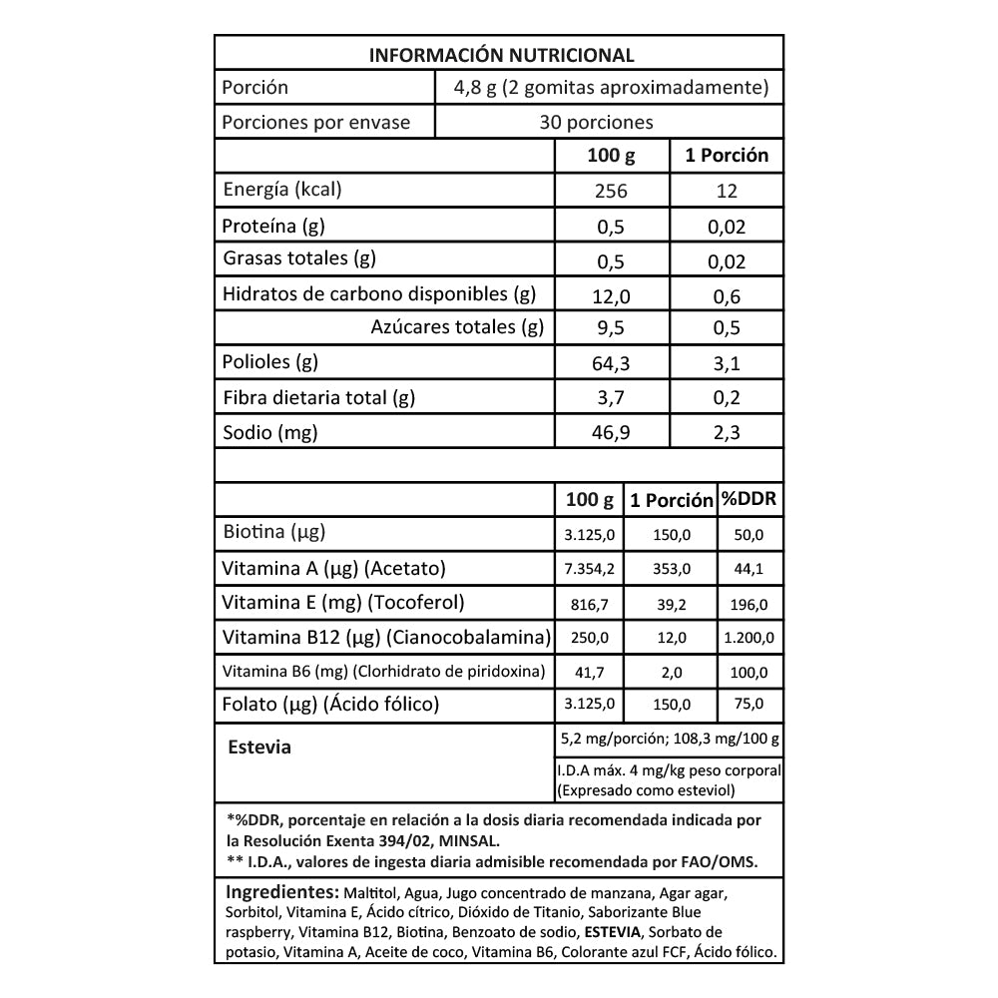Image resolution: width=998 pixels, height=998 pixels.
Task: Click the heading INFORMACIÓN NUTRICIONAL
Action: pos(501,54)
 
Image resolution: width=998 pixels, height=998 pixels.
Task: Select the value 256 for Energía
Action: pos(610,192)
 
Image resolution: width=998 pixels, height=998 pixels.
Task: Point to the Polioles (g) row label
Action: pos(270,361)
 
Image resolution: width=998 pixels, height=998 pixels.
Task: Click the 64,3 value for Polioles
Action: pos(610,363)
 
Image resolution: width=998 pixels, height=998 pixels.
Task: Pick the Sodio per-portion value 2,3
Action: pos(727,432)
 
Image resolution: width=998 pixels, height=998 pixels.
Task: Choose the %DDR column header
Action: pos(750,499)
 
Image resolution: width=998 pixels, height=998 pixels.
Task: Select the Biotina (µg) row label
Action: pos(273,533)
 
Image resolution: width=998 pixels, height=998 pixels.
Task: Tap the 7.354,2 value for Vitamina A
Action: pos(589,569)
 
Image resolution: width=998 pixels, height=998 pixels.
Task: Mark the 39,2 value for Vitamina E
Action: pos(672,604)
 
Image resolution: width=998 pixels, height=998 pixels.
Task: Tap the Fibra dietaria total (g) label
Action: pos(318,397)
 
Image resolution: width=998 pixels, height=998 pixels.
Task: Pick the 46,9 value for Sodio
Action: pos(610,432)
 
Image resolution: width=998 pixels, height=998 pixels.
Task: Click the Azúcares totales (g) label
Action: pos(457,326)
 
